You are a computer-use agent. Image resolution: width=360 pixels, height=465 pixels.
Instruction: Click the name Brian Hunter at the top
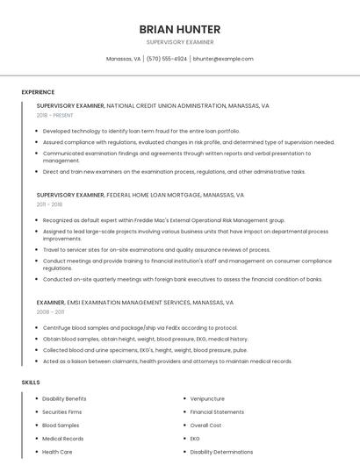coord(179,29)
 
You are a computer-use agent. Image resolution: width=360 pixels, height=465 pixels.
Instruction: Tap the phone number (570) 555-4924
coord(167,59)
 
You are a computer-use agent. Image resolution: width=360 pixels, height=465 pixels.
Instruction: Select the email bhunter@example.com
coord(223,59)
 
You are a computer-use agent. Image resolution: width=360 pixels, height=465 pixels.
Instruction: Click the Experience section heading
coord(38,92)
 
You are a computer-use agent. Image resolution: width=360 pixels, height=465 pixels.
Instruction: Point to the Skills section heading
coord(31,383)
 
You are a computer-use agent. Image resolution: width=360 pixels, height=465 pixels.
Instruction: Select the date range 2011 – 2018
coord(50,204)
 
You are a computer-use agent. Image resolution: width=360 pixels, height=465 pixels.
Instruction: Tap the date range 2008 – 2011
coord(51,311)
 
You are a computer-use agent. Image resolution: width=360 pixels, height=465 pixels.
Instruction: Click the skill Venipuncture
coord(207,398)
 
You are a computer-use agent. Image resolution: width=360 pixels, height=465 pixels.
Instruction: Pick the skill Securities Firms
coord(62,411)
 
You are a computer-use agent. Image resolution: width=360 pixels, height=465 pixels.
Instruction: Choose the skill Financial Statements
coord(217,411)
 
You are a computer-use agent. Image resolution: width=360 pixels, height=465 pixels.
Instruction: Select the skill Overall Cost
coord(206,425)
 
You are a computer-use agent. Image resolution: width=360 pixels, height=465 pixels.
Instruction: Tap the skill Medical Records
coord(63,438)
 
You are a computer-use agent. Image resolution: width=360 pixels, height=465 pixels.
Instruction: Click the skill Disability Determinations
coord(221,451)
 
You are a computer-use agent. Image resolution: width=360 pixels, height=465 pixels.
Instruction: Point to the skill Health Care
coord(57,451)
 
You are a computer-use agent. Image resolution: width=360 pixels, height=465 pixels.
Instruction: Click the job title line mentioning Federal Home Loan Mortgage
coord(140,195)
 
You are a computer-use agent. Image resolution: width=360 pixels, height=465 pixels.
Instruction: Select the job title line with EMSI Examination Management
coord(135,302)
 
